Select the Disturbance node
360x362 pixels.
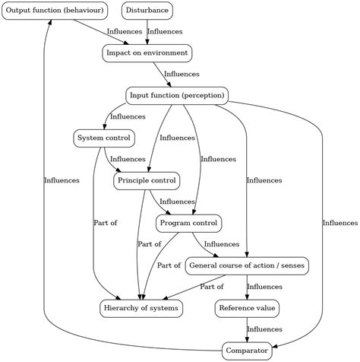[x=147, y=11]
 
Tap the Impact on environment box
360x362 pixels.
[x=147, y=53]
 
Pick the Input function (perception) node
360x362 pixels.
[x=177, y=96]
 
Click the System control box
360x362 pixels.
[x=104, y=138]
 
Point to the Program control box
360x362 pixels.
[x=188, y=224]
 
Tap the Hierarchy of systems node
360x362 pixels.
[x=141, y=309]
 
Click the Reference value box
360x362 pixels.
[x=248, y=309]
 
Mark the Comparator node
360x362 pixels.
[x=248, y=351]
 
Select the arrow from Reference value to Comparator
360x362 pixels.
[x=248, y=330]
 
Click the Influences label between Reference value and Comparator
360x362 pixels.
[x=265, y=329]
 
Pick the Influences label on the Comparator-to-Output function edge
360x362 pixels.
[x=62, y=180]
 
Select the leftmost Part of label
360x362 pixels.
[x=106, y=223]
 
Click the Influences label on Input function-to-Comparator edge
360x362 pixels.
[x=339, y=223]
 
